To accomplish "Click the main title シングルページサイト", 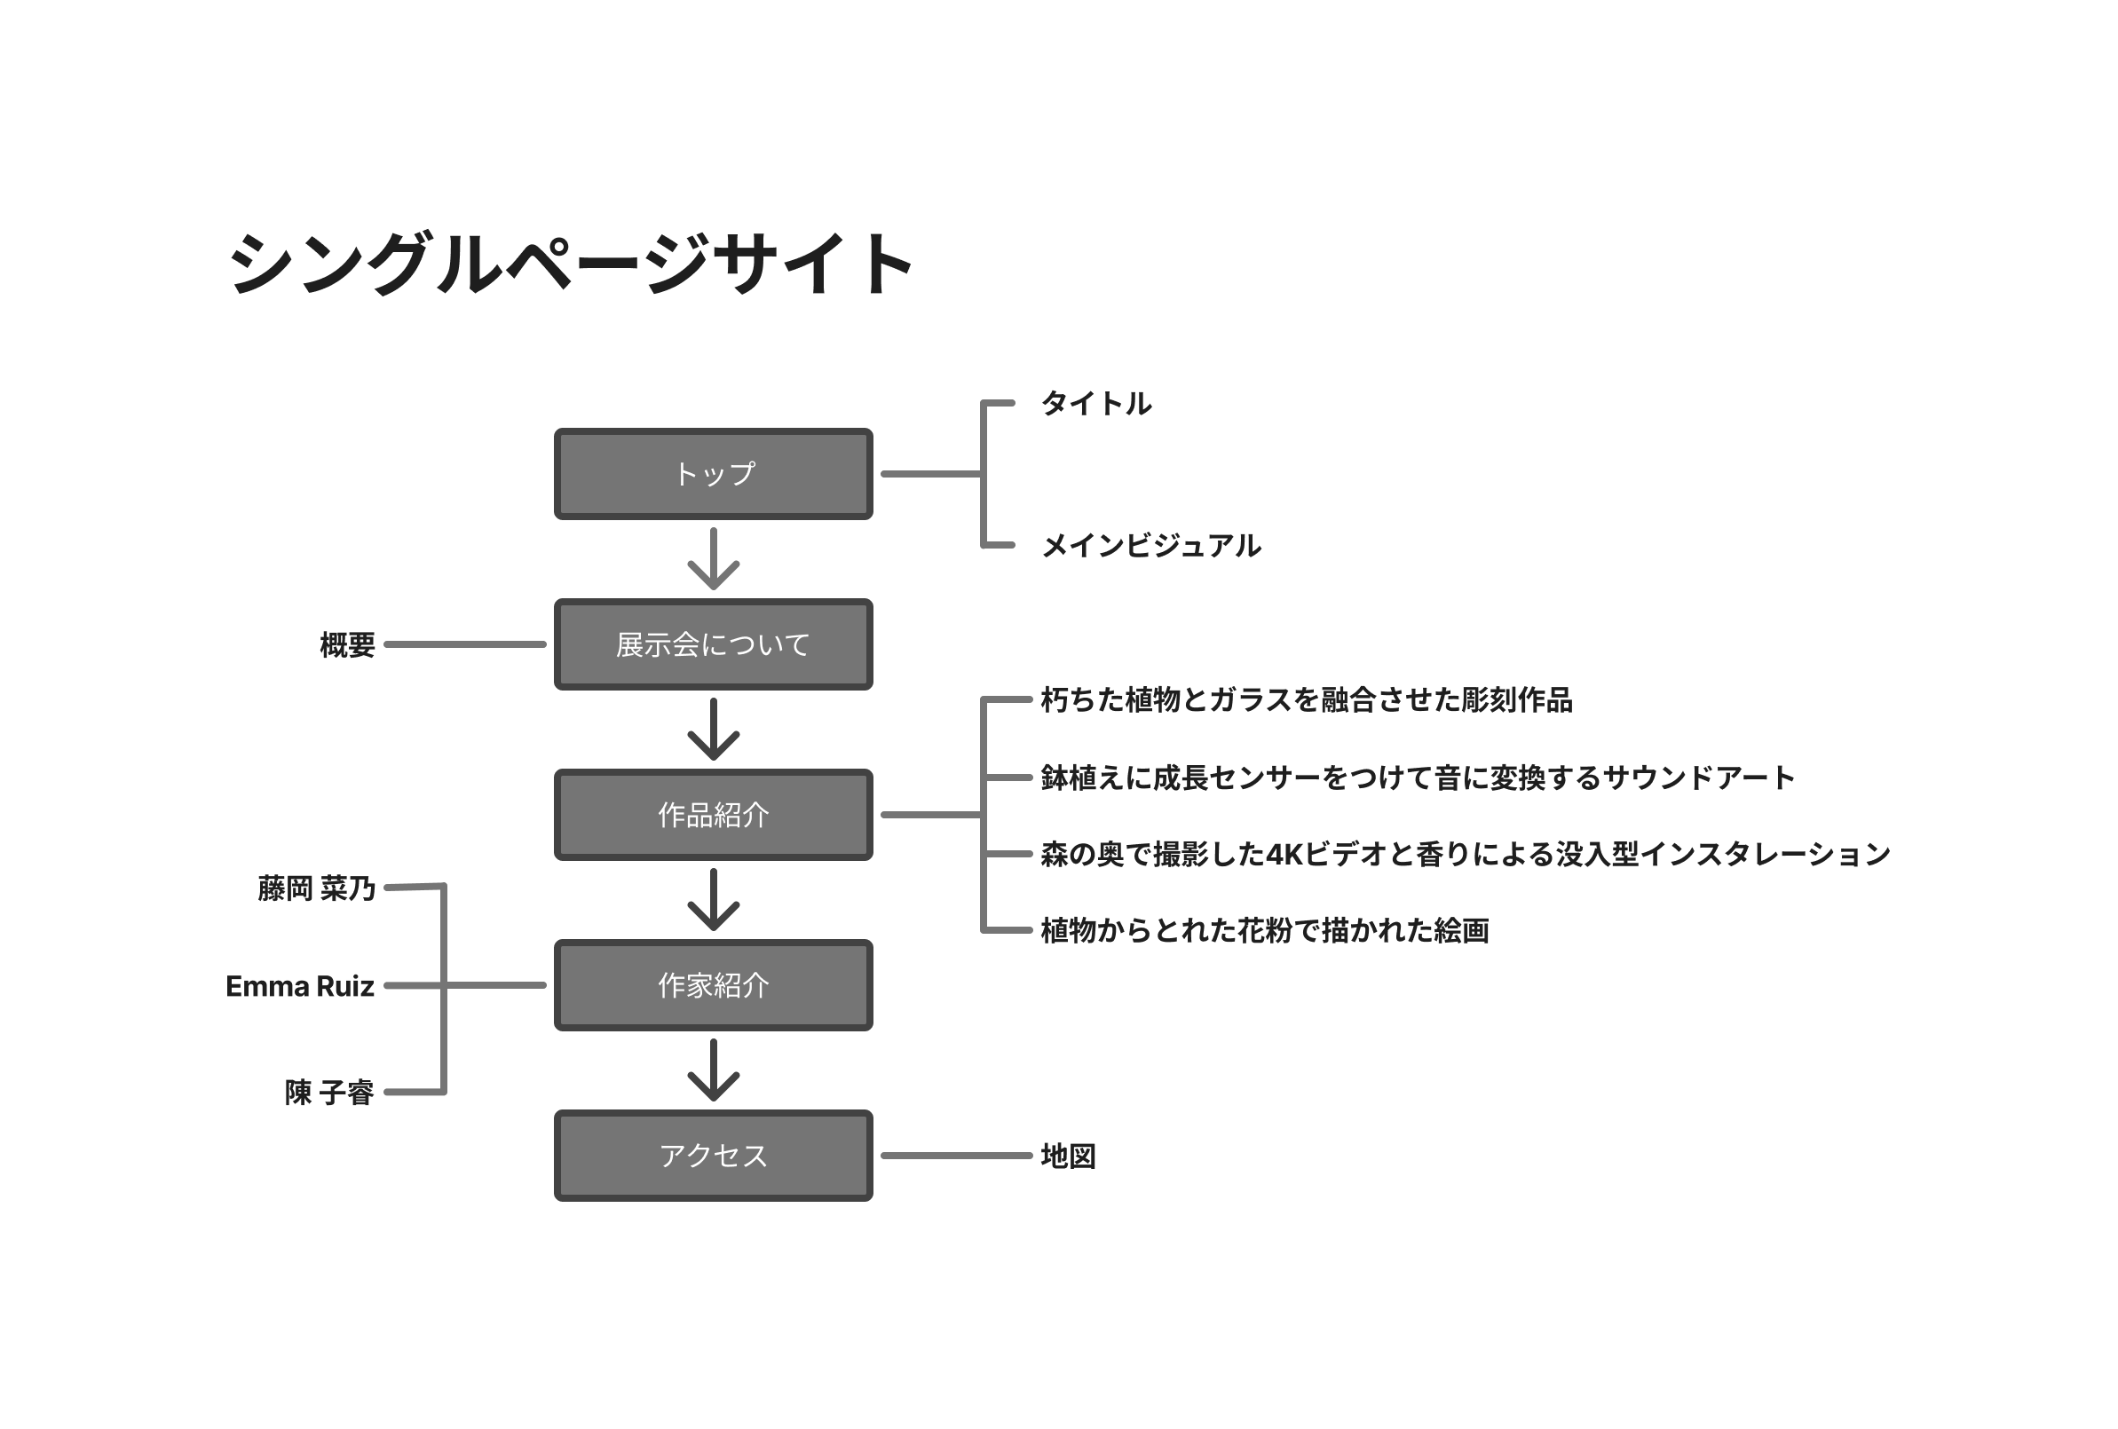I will [571, 264].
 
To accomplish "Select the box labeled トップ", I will [713, 474].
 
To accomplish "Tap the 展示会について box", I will [713, 644].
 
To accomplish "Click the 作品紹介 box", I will [713, 815].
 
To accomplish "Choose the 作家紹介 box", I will [713, 985].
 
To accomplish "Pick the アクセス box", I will [713, 1156].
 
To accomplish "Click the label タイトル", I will [1095, 404].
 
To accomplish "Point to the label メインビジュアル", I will [1150, 546].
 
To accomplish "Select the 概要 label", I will [347, 645].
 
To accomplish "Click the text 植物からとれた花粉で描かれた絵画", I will [1264, 930].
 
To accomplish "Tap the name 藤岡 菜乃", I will [315, 888].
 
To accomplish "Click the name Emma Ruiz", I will [300, 986].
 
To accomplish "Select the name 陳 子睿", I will [329, 1092].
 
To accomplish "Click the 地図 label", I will [1067, 1157].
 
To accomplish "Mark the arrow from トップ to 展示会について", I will [713, 558].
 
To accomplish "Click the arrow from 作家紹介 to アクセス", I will [713, 1070].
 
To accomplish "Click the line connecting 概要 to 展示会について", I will [465, 644].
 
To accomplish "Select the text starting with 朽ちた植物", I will [1306, 700].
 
